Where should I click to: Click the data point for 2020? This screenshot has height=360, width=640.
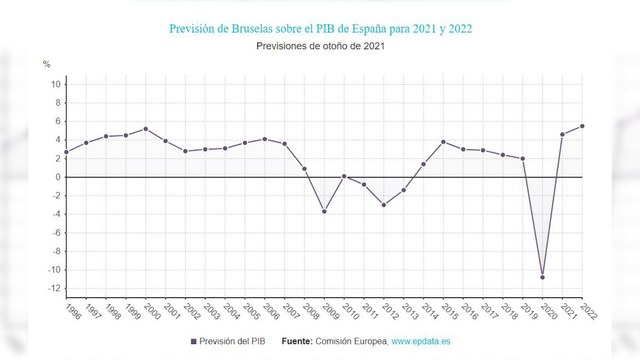(543, 277)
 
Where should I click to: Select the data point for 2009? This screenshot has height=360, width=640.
(324, 211)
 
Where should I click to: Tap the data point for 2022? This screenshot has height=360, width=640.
(582, 126)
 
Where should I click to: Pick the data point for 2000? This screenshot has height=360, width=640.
(146, 129)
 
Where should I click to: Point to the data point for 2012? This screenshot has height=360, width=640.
(383, 205)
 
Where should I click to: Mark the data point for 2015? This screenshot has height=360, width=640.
(443, 142)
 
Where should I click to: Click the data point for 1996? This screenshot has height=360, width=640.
(66, 152)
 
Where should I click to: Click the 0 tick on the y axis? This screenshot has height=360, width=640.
(56, 177)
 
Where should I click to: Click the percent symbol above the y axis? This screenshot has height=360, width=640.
(46, 64)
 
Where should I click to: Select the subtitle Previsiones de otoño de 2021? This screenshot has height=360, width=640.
(320, 46)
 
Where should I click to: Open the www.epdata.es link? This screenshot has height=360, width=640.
(419, 342)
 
